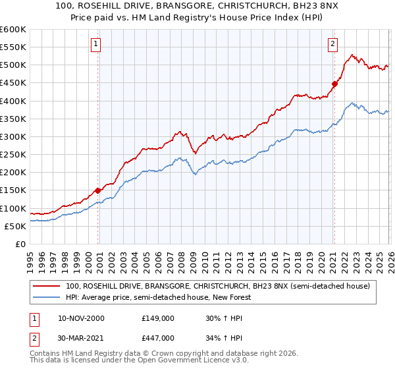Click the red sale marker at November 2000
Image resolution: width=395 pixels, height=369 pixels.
98,190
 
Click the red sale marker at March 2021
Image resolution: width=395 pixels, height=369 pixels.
334,84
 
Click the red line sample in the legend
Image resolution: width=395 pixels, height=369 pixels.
47,286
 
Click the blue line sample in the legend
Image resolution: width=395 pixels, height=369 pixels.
47,297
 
